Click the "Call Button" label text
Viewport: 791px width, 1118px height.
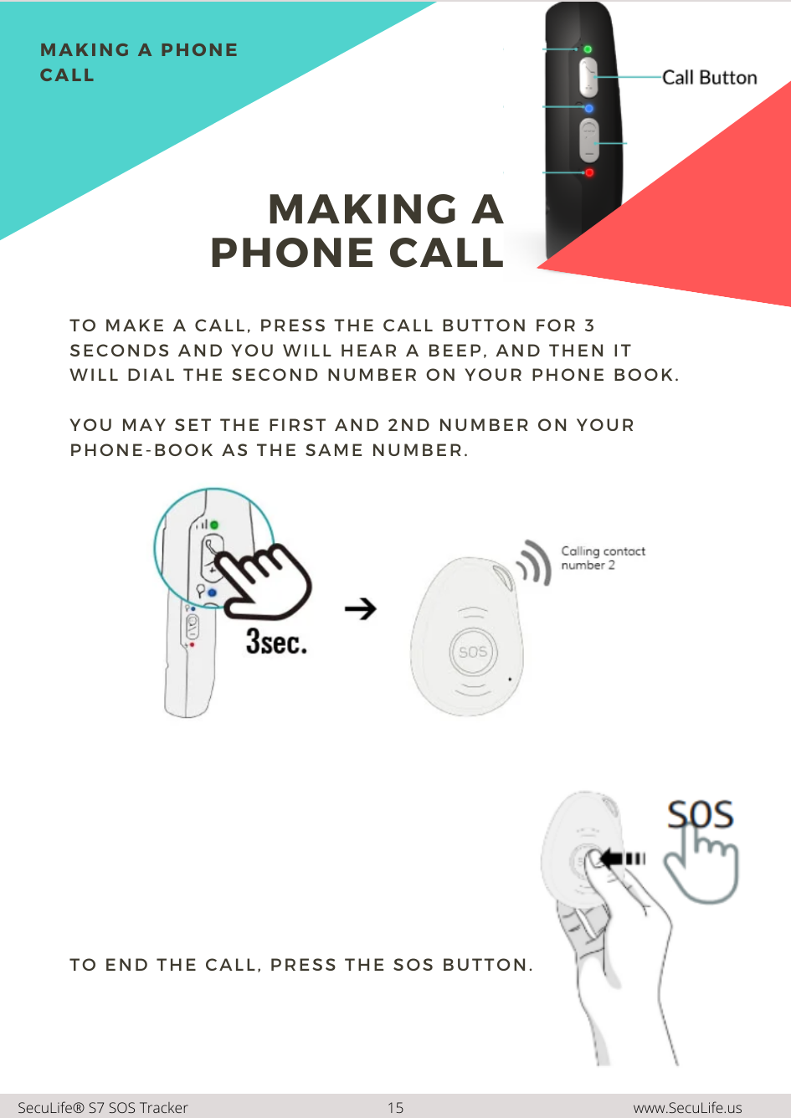710,78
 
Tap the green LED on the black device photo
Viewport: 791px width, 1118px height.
588,49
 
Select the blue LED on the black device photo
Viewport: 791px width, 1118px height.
589,108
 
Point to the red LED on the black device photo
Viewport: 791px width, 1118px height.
589,172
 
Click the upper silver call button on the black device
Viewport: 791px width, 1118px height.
588,77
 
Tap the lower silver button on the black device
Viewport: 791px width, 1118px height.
589,141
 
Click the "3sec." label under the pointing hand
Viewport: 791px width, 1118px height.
276,641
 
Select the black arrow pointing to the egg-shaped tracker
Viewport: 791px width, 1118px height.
361,609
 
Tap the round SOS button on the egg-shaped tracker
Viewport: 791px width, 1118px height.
473,652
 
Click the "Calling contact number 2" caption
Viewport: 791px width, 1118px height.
603,558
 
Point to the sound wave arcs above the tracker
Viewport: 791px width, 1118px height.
534,563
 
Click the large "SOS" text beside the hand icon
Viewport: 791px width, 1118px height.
700,814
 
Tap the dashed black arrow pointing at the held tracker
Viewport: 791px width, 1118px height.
622,859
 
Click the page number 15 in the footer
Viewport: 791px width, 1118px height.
395,1108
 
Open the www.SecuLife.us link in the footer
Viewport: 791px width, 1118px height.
687,1108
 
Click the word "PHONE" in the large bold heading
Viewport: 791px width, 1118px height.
292,253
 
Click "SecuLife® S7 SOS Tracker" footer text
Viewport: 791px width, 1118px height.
103,1108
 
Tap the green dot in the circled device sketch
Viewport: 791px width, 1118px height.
214,525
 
